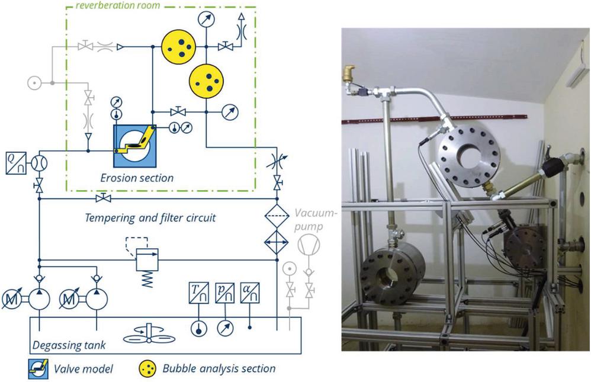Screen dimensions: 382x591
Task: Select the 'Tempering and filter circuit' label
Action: [x=150, y=217]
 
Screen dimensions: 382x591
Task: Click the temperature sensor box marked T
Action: [x=196, y=293]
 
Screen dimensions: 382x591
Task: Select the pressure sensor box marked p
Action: [x=224, y=293]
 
